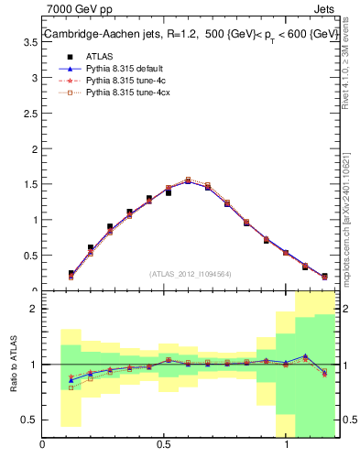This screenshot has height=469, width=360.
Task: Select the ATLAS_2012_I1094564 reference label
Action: pos(191,273)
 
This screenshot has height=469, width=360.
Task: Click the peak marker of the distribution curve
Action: pos(188,180)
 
